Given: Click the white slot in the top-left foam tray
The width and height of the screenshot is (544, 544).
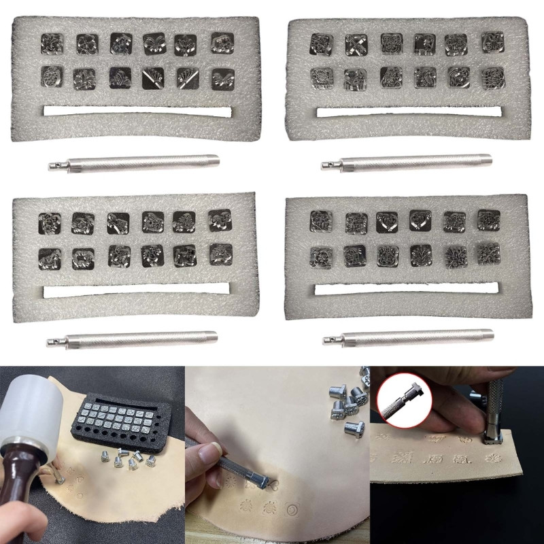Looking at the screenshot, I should pyautogui.click(x=136, y=112).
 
